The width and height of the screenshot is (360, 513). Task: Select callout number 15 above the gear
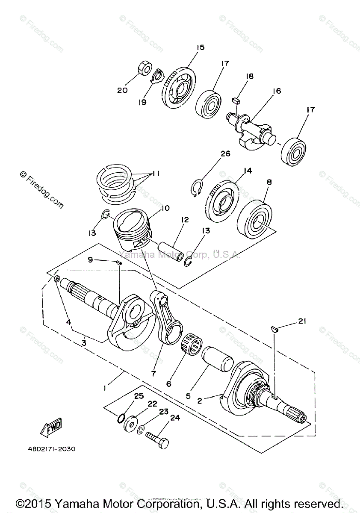click(201, 48)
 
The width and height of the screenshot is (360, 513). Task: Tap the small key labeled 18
click(236, 101)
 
